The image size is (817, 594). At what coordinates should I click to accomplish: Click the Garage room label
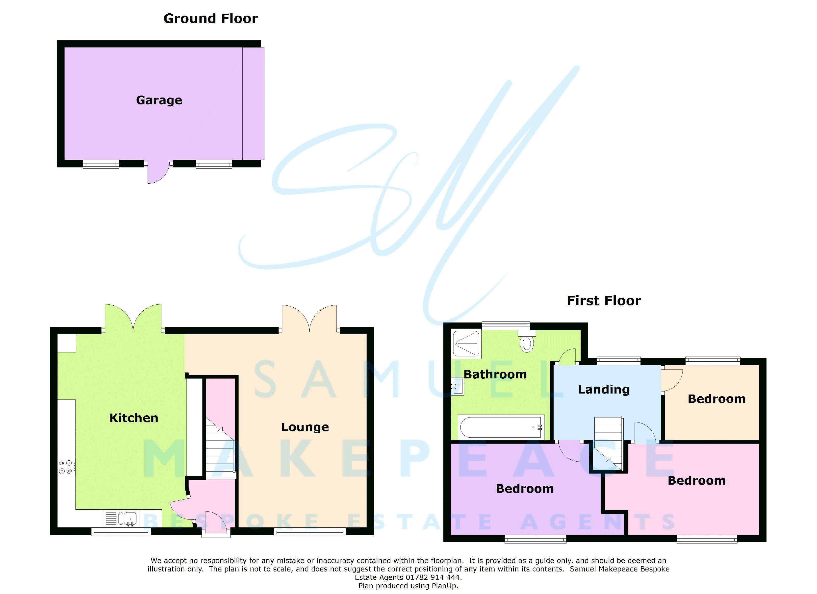pos(159,100)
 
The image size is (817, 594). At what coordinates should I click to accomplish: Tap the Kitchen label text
pos(134,418)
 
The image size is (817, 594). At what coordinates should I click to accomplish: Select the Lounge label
pos(305,427)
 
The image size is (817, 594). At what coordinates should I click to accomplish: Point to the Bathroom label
pos(495,374)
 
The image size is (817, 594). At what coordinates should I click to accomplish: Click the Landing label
pos(604,389)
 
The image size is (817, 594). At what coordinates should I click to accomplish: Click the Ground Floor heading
pos(210,18)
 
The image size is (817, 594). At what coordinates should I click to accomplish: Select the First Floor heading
pos(604,300)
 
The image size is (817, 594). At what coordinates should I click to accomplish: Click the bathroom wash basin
pos(458,387)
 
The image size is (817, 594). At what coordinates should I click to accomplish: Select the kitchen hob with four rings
pos(66,467)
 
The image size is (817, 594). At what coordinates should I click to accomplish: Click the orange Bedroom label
pos(716,399)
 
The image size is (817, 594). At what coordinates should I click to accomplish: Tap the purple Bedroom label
pos(525,489)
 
